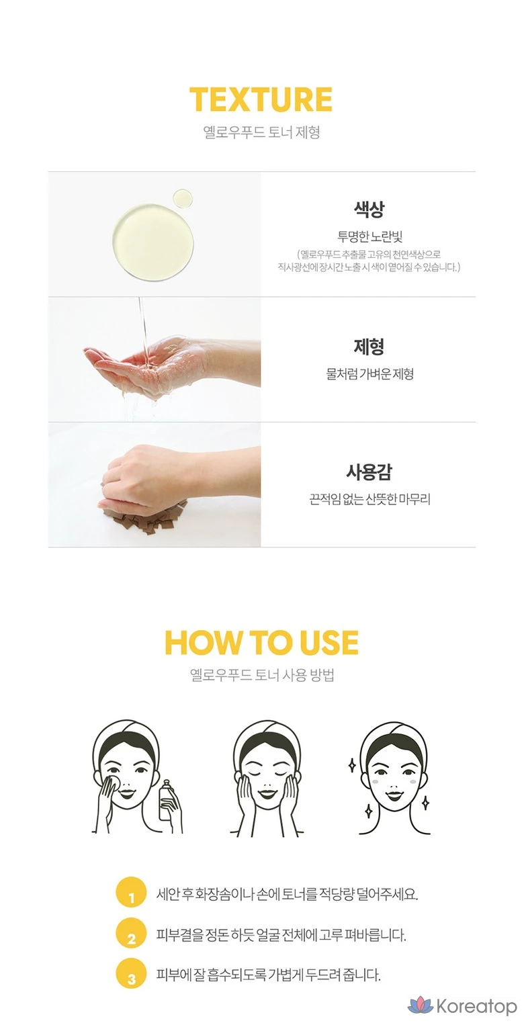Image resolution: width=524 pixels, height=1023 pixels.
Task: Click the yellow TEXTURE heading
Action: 261,99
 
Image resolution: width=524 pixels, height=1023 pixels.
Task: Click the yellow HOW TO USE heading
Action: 261,642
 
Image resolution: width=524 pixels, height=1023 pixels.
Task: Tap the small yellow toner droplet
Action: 182,199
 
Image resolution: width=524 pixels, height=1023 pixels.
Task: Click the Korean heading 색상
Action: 369,209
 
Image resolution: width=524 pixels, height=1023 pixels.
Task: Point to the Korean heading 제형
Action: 369,347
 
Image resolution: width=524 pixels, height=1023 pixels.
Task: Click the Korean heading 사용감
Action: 369,472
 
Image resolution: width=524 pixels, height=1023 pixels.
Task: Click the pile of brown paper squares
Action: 144,519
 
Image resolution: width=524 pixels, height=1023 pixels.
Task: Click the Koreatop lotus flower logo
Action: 421,1006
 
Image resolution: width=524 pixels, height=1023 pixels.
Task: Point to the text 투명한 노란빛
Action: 369,236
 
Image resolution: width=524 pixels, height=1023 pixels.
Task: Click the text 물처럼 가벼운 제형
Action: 369,375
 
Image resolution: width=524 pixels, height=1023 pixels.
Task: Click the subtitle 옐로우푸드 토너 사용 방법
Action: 262,675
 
